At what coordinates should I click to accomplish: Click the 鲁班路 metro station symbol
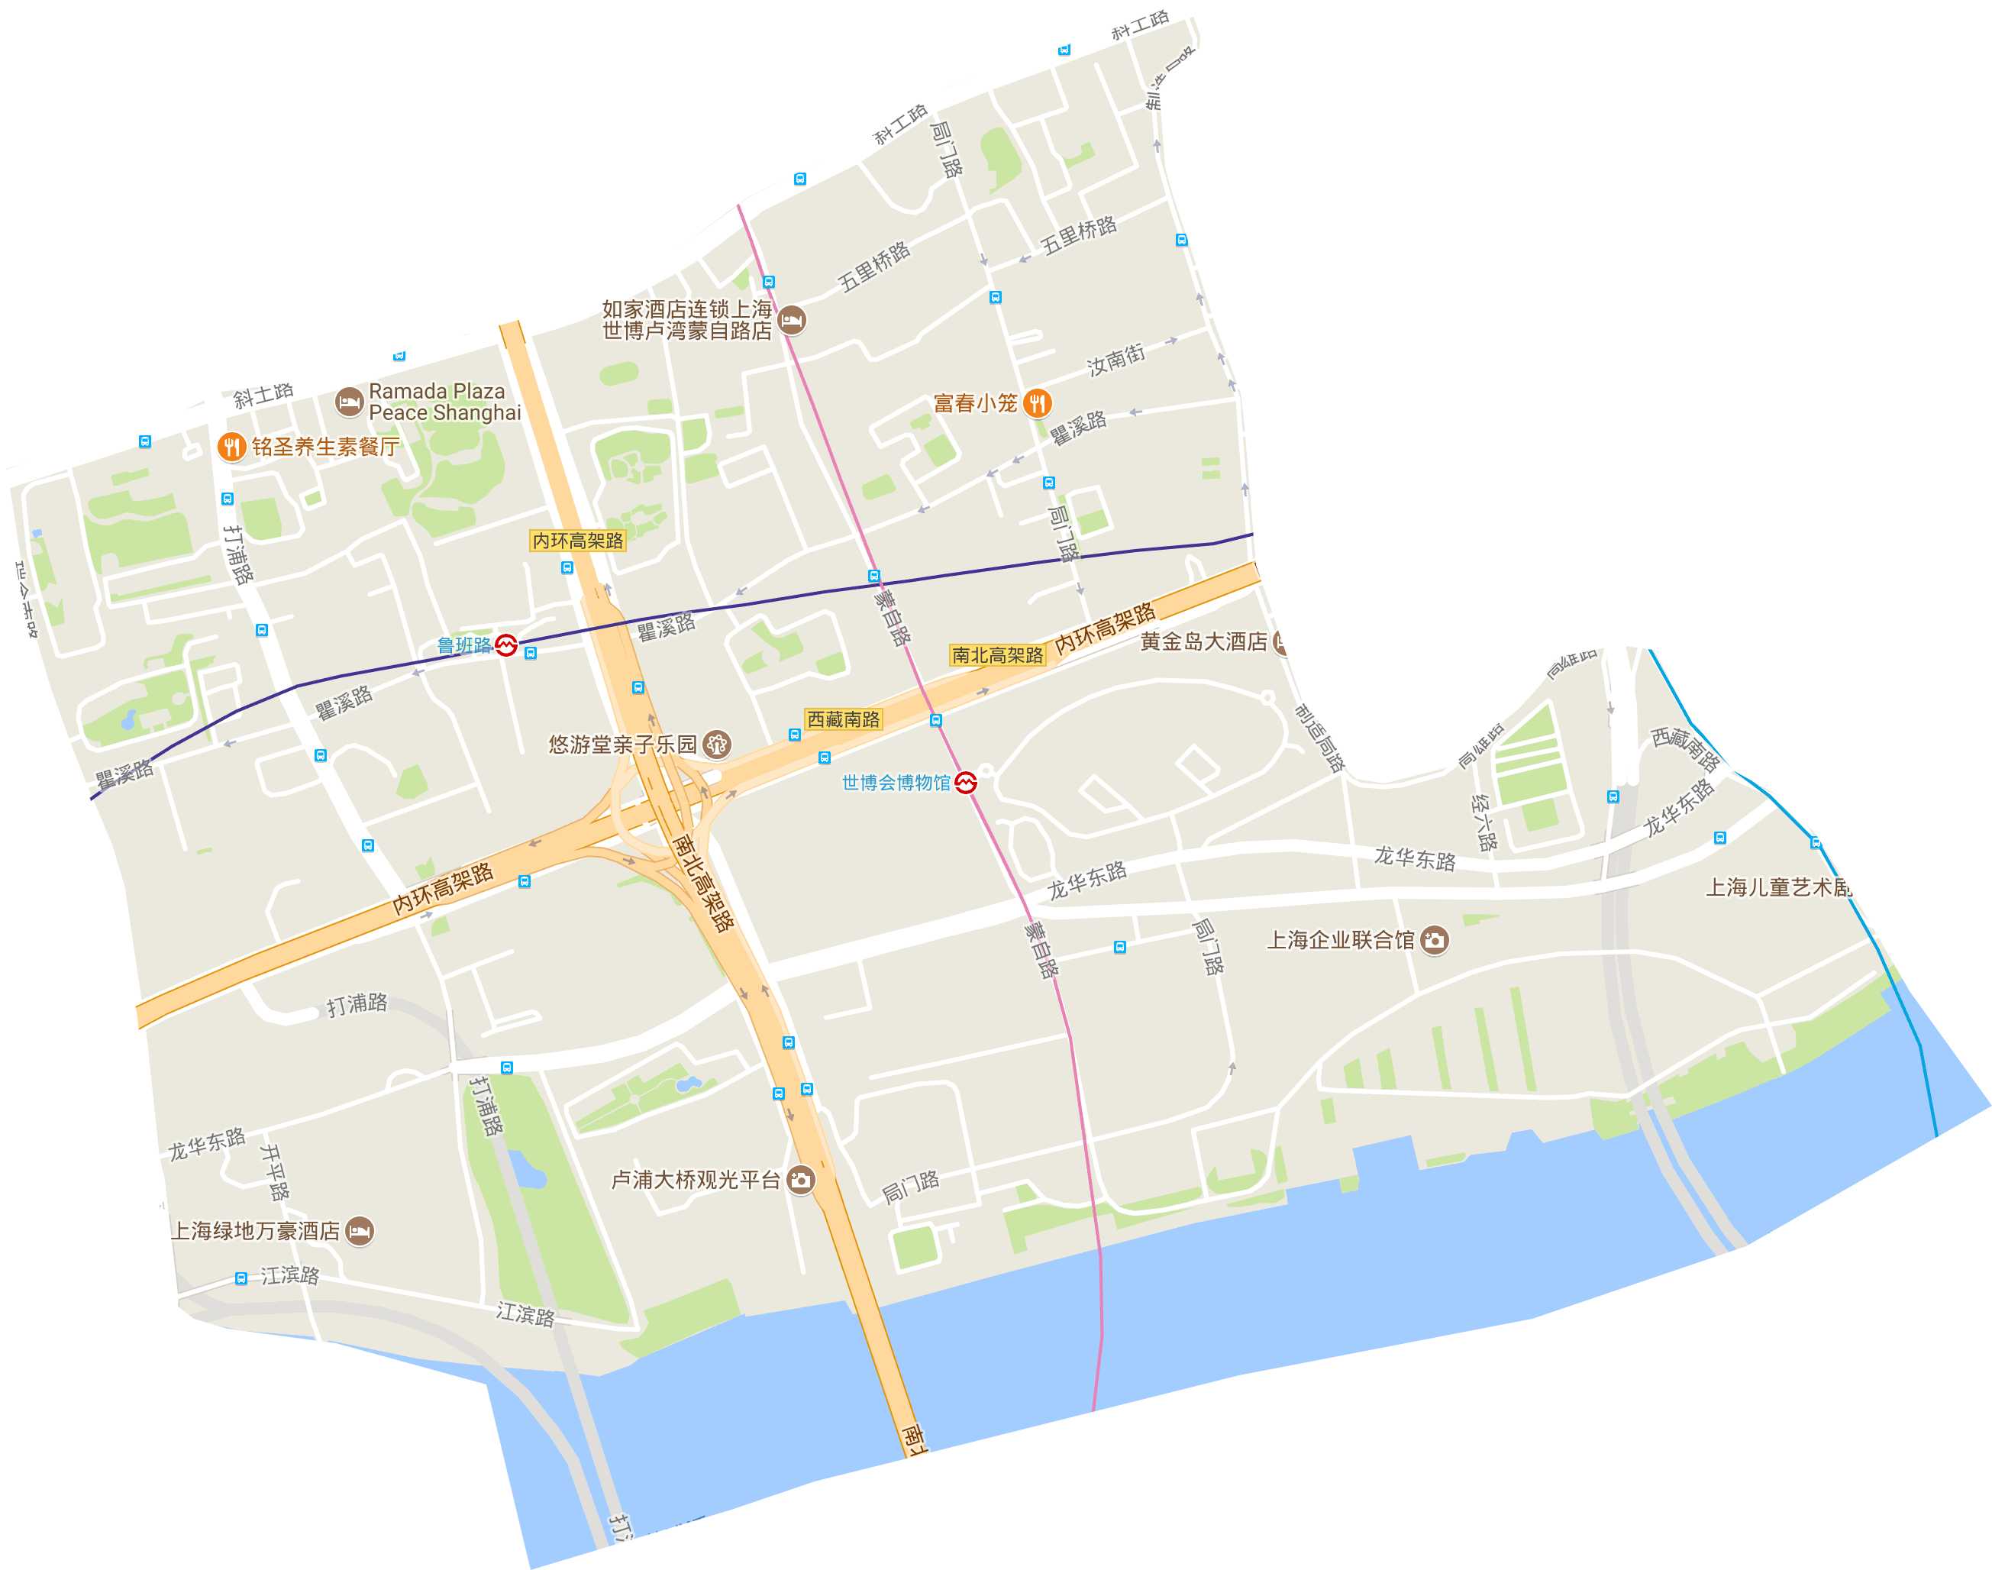[x=506, y=645]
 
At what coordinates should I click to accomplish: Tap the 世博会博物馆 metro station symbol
[x=966, y=782]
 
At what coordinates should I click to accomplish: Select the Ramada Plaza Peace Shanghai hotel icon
[x=348, y=402]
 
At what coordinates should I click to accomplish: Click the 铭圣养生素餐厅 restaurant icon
[x=231, y=447]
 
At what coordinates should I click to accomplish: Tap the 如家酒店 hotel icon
[x=791, y=320]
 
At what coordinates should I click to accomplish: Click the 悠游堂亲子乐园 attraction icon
[x=717, y=744]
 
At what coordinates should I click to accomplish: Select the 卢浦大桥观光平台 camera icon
[x=801, y=1179]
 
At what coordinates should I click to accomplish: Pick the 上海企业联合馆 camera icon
[x=1435, y=939]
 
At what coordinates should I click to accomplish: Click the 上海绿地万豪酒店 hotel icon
[x=360, y=1230]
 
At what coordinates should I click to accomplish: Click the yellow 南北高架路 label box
[x=997, y=654]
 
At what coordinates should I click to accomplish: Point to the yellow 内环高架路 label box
[x=578, y=541]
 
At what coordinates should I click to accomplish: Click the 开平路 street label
[x=275, y=1171]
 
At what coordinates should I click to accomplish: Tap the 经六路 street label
[x=1484, y=821]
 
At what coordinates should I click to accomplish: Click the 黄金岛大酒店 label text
[x=1203, y=641]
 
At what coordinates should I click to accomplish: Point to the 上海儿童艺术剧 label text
[x=1779, y=887]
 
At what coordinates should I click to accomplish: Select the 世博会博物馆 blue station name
[x=896, y=782]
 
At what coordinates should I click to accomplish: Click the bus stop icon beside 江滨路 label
[x=241, y=1278]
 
